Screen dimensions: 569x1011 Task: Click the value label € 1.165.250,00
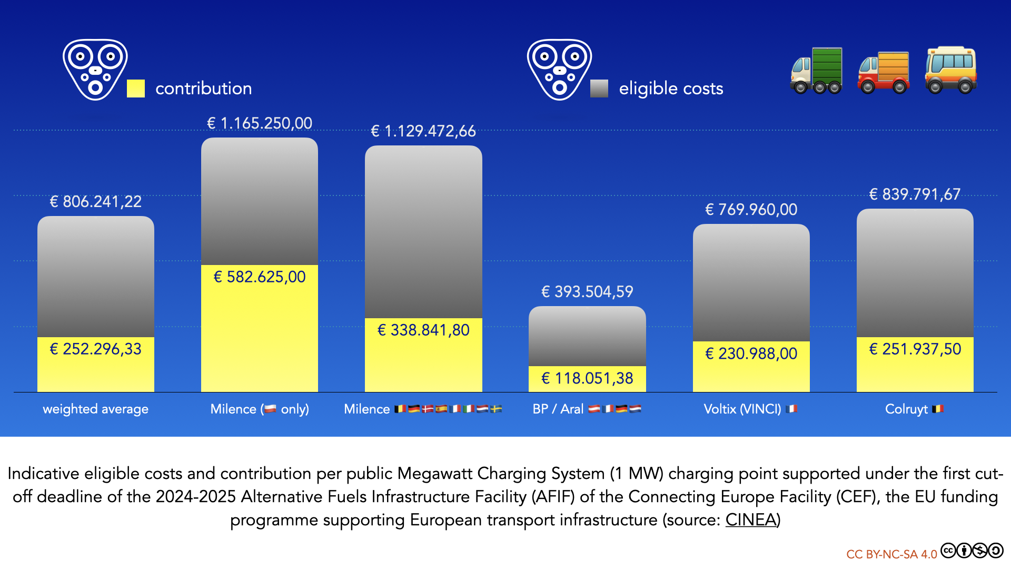pos(260,123)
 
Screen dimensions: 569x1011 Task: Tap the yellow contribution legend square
pos(136,89)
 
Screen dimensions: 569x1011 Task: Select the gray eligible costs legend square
pos(599,89)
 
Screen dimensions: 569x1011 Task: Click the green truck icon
pos(816,71)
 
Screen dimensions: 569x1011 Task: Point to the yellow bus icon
pos(951,70)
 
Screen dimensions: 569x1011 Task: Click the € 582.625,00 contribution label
pos(260,277)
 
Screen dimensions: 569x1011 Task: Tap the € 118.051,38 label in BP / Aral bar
pos(587,378)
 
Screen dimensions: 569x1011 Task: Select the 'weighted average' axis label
pos(95,409)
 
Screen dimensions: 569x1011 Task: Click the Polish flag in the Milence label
pos(270,409)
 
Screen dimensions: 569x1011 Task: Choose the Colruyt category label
pos(906,409)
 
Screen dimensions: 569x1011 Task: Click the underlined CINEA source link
pos(751,520)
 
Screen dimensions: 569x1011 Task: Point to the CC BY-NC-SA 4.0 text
pos(891,554)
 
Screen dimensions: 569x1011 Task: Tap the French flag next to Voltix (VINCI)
pos(791,409)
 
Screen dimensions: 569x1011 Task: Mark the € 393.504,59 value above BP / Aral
pos(587,292)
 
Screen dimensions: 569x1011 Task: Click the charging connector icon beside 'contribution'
pos(95,70)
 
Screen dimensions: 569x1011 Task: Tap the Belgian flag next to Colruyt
pos(938,409)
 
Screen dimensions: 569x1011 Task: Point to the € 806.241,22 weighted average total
pos(95,202)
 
